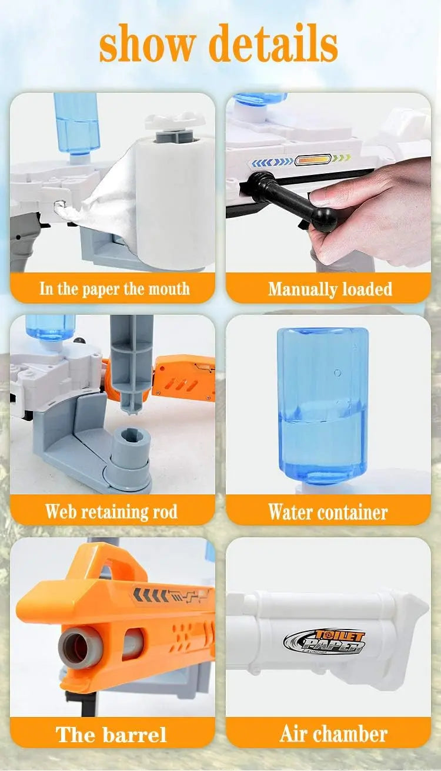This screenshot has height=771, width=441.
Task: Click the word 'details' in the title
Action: [273, 43]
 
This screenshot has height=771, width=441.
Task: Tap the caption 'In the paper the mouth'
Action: [115, 288]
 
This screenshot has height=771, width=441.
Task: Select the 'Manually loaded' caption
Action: [330, 289]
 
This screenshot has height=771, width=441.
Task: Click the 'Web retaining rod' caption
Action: [111, 511]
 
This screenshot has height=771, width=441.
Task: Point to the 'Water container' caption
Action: [328, 511]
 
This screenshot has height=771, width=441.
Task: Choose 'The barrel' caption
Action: [111, 734]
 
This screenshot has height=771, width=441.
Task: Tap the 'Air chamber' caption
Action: [333, 733]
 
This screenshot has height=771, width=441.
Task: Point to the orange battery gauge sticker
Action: [313, 160]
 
